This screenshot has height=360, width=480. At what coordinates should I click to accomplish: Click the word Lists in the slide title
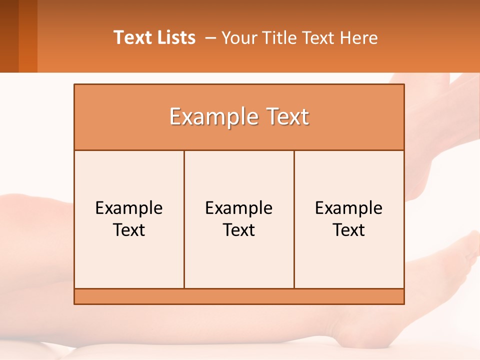pos(174,37)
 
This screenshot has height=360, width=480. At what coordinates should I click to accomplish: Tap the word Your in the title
pos(237,37)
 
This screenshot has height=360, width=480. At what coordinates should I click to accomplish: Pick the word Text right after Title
pos(318,37)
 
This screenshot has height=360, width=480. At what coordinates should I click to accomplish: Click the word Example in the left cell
pos(129,208)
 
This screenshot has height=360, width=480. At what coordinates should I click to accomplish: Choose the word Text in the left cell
pos(129,230)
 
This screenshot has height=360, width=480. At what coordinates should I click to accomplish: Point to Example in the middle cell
pos(239,208)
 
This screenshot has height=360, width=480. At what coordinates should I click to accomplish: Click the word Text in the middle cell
pos(239,230)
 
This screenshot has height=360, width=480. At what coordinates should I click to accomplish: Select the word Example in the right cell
pos(349,208)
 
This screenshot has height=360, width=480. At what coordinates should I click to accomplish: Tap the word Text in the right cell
pos(349,230)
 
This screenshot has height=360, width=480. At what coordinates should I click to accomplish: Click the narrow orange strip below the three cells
pos(239,296)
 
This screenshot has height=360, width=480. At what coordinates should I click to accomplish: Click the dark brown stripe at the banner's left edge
pos(9,36)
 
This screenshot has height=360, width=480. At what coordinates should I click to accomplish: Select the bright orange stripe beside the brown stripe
pos(28,36)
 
